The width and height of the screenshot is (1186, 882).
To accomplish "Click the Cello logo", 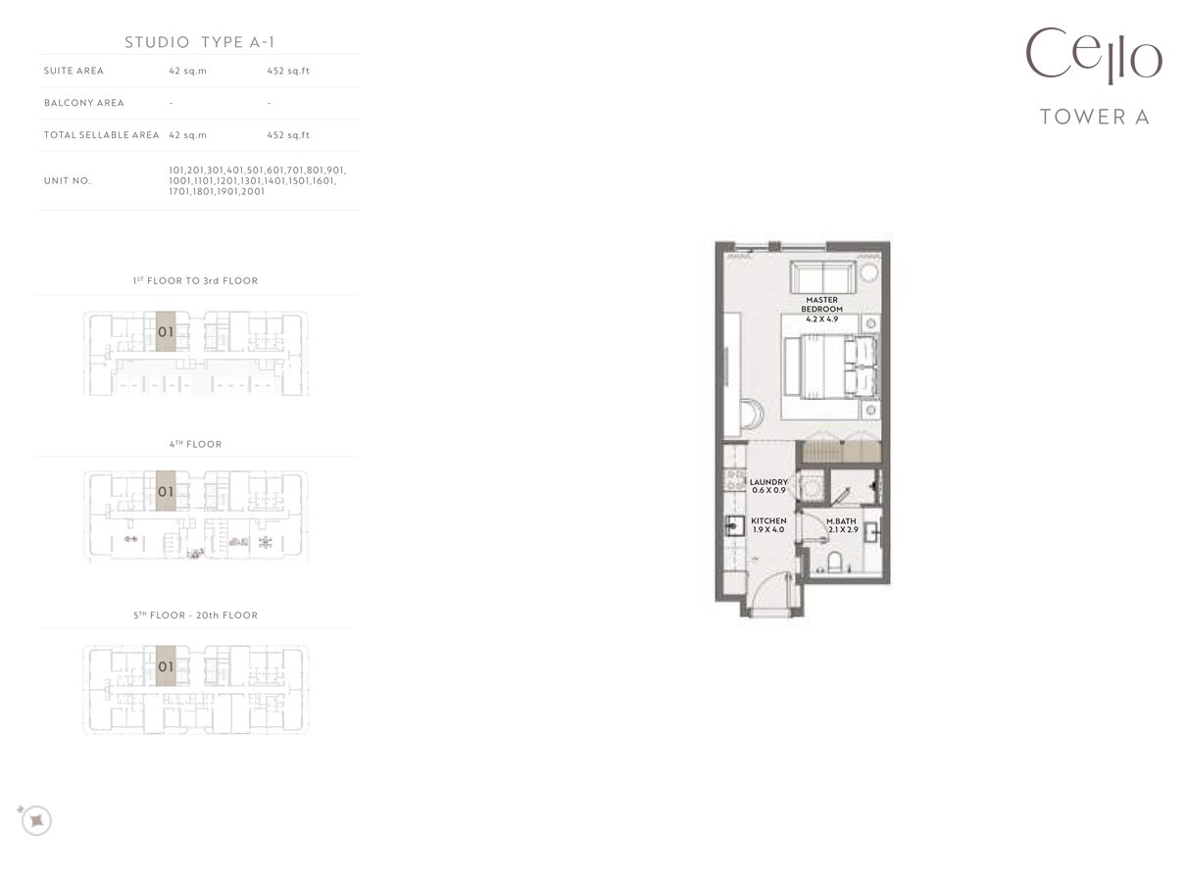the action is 1094,56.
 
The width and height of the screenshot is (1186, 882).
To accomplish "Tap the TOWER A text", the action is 1094,117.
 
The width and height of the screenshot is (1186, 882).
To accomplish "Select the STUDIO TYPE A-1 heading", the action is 199,42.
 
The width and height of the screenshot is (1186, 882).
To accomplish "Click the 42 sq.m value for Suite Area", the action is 187,71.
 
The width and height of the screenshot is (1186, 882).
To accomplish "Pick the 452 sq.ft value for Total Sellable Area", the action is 288,135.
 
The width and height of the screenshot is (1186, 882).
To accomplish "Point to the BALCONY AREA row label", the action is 84,103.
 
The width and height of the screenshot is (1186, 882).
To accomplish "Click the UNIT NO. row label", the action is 68,180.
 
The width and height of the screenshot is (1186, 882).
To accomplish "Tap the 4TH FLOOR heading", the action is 195,444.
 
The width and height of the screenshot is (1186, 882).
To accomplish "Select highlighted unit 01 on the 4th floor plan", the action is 166,491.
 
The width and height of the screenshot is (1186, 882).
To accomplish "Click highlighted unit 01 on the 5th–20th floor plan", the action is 166,666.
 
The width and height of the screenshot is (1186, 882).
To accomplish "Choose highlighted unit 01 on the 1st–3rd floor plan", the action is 166,331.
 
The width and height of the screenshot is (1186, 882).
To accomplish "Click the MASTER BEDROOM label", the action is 821,305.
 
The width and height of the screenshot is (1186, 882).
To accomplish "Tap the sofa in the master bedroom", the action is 823,276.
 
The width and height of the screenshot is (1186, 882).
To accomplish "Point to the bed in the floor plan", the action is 831,367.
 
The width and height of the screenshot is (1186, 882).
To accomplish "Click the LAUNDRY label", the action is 768,482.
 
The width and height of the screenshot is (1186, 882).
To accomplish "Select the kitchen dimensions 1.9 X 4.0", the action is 768,529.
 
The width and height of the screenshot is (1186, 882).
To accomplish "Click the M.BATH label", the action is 841,521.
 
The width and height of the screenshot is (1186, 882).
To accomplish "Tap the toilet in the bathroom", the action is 834,563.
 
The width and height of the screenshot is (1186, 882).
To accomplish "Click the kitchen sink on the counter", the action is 735,526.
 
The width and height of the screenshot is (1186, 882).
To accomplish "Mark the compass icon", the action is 36,820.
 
